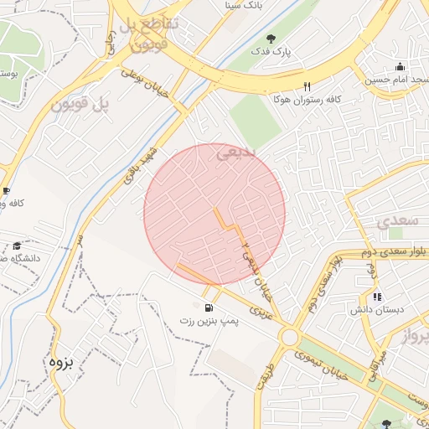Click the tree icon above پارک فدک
click(271, 38)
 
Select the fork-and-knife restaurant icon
click(307, 85)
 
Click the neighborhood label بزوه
click(62, 362)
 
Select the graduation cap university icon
click(17, 246)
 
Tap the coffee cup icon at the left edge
click(6, 190)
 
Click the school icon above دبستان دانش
click(377, 296)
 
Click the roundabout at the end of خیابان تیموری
click(291, 337)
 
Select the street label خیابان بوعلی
click(158, 84)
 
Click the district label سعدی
click(395, 221)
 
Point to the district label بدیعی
click(235, 153)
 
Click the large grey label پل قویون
click(81, 105)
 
